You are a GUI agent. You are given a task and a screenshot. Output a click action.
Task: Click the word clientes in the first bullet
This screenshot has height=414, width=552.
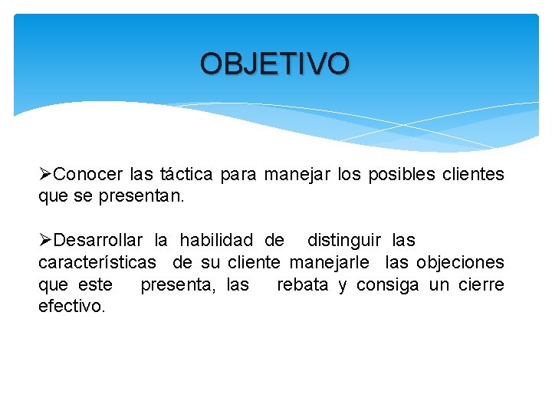473,175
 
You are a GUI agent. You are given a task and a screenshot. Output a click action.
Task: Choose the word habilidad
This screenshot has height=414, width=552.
216,241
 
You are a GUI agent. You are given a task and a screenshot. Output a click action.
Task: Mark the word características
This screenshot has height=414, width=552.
97,263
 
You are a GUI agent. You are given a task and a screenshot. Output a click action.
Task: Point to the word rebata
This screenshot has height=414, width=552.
302,285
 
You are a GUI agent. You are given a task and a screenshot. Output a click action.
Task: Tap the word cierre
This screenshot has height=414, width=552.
481,285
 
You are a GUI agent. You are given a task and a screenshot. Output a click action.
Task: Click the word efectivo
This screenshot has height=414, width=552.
71,307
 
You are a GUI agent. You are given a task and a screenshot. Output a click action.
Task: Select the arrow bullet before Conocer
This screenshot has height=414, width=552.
46,175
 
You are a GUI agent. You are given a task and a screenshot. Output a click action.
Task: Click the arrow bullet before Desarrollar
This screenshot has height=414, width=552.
46,241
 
